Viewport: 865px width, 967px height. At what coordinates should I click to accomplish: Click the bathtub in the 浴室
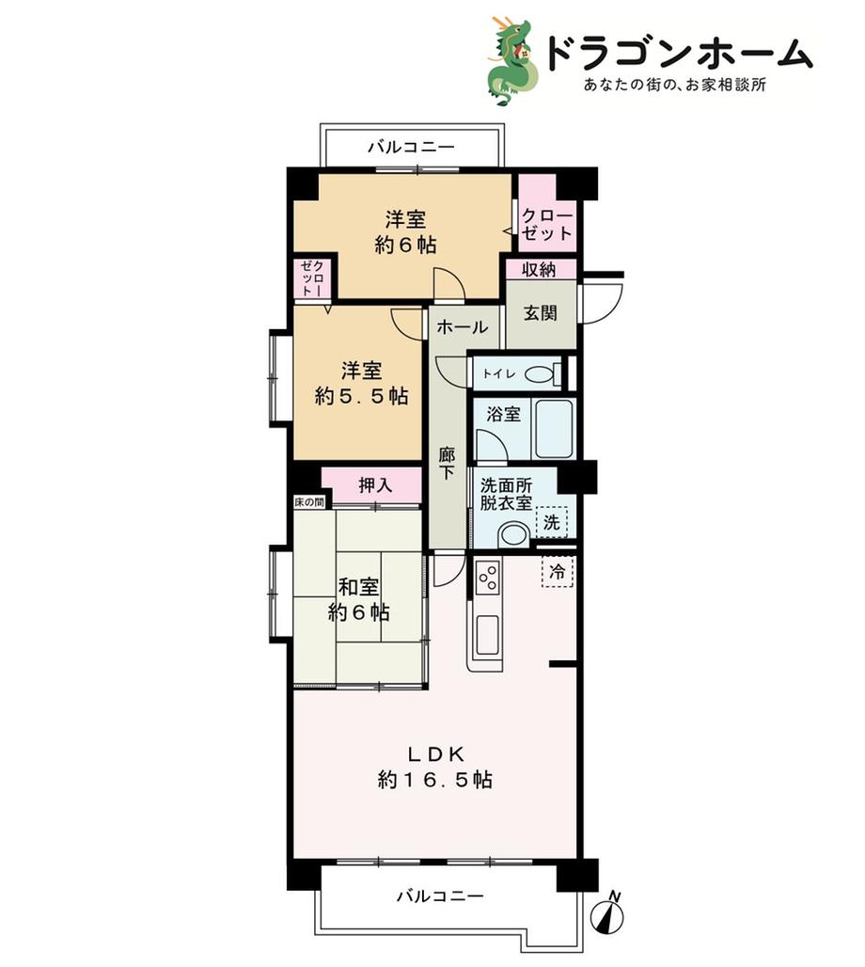[554, 428]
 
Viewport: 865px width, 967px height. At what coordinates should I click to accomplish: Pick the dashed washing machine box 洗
[552, 522]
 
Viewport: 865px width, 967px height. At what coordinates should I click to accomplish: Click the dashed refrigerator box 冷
[558, 571]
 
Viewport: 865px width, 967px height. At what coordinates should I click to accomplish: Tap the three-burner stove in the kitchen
[487, 576]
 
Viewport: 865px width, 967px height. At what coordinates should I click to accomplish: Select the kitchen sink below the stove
[488, 635]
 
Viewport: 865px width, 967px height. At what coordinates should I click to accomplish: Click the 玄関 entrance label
[540, 312]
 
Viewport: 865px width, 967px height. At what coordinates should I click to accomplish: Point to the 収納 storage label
[540, 270]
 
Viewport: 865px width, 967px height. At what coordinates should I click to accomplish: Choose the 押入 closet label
[375, 485]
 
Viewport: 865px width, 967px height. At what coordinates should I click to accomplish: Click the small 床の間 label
[309, 502]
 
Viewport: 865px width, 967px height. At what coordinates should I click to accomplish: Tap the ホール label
[463, 326]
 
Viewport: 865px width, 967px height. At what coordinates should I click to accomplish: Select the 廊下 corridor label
[447, 464]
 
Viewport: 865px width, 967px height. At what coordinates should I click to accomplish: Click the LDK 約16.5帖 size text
[434, 768]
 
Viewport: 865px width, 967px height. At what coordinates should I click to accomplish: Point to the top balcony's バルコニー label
[412, 147]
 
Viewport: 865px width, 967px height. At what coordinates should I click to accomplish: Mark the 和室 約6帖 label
[359, 599]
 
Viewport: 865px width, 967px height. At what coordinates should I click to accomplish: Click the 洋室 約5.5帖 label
[362, 383]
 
